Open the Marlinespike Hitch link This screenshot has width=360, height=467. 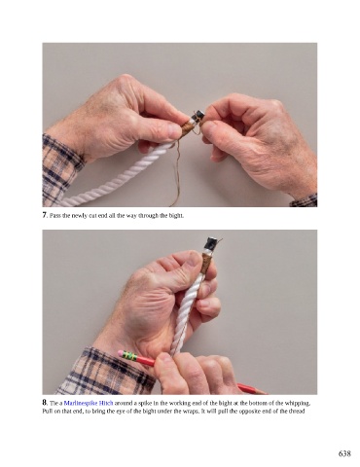[x=89, y=404]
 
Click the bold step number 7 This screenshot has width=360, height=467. [x=45, y=215]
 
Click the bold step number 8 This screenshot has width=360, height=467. [x=45, y=403]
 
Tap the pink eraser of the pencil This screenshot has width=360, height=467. [x=121, y=352]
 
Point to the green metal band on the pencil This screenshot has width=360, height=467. [x=129, y=356]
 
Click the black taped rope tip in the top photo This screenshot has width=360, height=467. [x=199, y=115]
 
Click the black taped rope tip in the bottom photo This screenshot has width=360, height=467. [x=211, y=242]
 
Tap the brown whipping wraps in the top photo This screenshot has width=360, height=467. [x=188, y=127]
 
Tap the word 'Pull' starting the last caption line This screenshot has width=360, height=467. [x=47, y=412]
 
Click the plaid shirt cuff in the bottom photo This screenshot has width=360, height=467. [x=107, y=370]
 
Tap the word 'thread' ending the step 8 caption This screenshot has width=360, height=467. [x=297, y=412]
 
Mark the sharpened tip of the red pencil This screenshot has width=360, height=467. [x=267, y=393]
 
